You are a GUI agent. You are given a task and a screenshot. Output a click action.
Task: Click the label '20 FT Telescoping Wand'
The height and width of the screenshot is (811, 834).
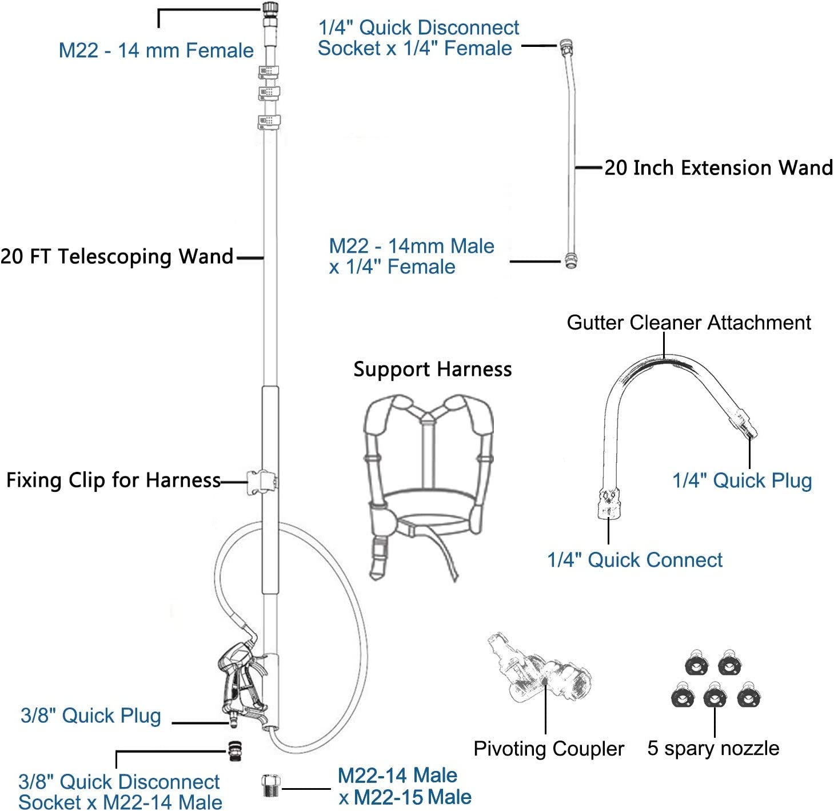pyautogui.click(x=117, y=256)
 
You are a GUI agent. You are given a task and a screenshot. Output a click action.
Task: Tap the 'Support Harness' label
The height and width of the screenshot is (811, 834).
pyautogui.click(x=432, y=369)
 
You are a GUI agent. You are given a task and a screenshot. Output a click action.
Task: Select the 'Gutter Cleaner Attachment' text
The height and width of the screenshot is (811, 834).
pyautogui.click(x=689, y=323)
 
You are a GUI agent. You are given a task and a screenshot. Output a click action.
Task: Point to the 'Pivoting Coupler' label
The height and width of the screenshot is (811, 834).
pyautogui.click(x=549, y=749)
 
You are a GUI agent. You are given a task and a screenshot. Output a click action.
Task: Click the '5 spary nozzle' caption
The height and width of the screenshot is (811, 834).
pyautogui.click(x=713, y=748)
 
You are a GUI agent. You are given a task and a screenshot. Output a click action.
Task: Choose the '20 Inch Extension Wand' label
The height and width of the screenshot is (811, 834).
pyautogui.click(x=719, y=167)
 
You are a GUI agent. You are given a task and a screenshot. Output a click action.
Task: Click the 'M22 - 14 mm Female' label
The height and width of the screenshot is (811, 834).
pyautogui.click(x=156, y=50)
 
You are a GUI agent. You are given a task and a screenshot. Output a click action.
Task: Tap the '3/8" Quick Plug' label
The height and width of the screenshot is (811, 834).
pyautogui.click(x=91, y=716)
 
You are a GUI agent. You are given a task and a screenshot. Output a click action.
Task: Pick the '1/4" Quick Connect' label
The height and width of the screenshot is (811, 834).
pyautogui.click(x=635, y=560)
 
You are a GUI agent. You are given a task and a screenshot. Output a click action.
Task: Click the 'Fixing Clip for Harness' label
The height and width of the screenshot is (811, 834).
pyautogui.click(x=114, y=480)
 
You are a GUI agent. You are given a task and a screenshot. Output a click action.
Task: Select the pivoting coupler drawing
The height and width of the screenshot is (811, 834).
pyautogui.click(x=538, y=669)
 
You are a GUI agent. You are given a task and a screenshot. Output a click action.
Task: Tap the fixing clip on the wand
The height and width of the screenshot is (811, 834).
pyautogui.click(x=261, y=482)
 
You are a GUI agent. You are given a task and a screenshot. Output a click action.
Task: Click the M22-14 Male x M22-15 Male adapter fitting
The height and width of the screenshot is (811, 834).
pyautogui.click(x=270, y=785)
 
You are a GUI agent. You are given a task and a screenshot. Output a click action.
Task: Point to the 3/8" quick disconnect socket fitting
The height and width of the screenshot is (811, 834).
pyautogui.click(x=234, y=750)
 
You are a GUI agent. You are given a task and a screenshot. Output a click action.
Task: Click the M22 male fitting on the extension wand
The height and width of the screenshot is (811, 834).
pyautogui.click(x=570, y=260)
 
